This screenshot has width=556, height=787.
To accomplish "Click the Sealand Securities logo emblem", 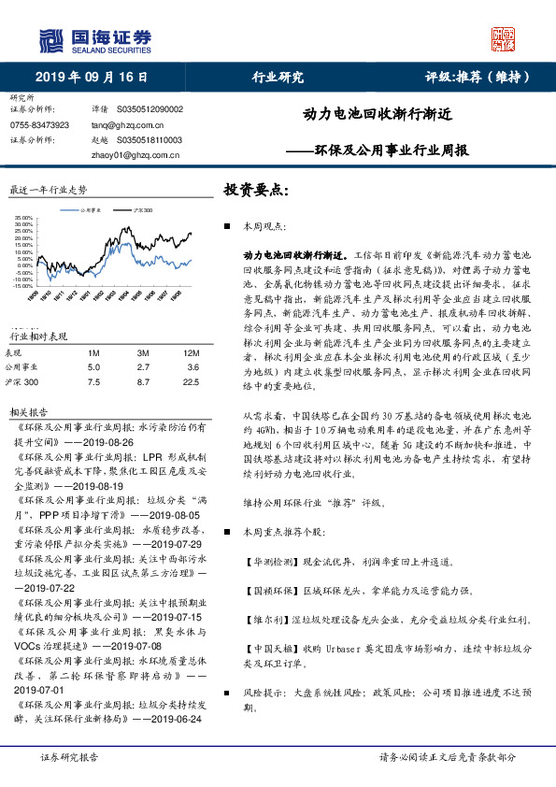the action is [x=52, y=39].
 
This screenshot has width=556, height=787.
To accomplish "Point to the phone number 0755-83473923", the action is [x=39, y=123].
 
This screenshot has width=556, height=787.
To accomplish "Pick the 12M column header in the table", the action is [x=192, y=351].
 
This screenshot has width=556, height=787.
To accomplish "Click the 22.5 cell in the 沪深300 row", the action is [x=192, y=381].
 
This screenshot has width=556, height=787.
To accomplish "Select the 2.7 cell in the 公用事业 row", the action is [x=142, y=366].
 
